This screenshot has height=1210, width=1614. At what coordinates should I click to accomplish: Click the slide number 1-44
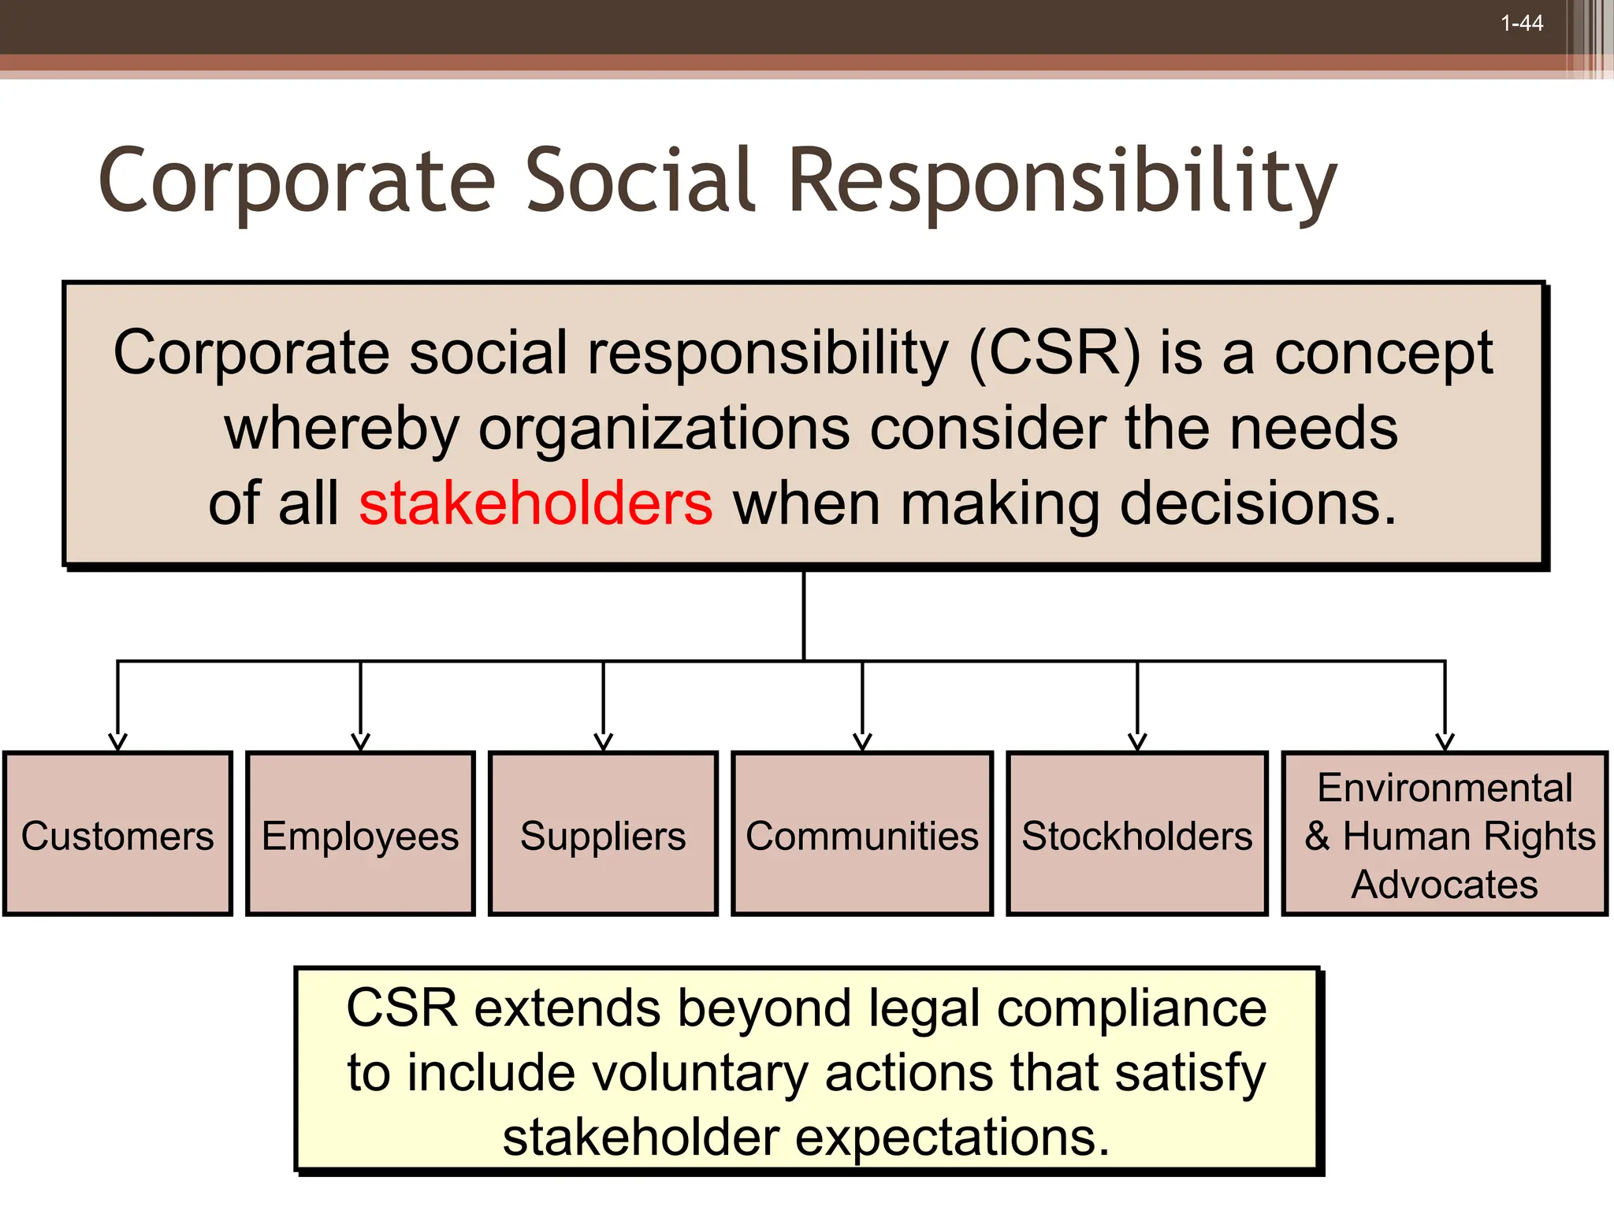click(1521, 24)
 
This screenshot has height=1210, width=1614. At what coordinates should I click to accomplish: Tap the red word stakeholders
click(536, 504)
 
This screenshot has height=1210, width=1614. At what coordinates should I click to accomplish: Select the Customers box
click(117, 833)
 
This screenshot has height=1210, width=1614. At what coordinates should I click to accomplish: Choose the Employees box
click(360, 833)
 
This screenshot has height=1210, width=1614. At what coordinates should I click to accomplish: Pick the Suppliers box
click(603, 833)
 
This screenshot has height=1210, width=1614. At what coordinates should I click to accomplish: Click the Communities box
click(862, 833)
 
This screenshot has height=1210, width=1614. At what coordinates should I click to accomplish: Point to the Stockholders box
click(1137, 833)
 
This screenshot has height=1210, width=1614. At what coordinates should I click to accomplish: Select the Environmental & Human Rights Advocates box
click(1445, 833)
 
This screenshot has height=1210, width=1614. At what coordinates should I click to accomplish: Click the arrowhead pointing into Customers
click(117, 742)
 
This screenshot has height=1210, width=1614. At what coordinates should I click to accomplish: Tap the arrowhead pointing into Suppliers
click(603, 742)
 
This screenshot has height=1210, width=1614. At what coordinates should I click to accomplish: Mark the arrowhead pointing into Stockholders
click(1137, 742)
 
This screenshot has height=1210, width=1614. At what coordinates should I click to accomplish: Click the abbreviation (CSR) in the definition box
click(1054, 353)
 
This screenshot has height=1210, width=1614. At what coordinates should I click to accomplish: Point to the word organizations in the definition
click(664, 429)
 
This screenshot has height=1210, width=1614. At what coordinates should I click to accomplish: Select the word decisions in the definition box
click(1258, 504)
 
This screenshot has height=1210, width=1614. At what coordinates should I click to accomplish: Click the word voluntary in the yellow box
click(699, 1073)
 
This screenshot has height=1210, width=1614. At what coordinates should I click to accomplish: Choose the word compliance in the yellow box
click(1132, 1008)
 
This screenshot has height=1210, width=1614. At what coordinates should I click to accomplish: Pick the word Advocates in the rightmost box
click(1445, 885)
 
